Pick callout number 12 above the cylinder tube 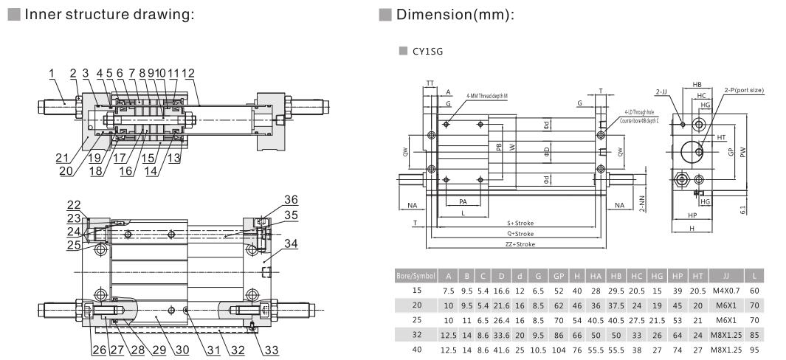[x=188, y=73]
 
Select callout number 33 [x=271, y=350]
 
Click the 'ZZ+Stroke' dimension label [x=519, y=243]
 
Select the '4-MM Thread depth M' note [x=486, y=96]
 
